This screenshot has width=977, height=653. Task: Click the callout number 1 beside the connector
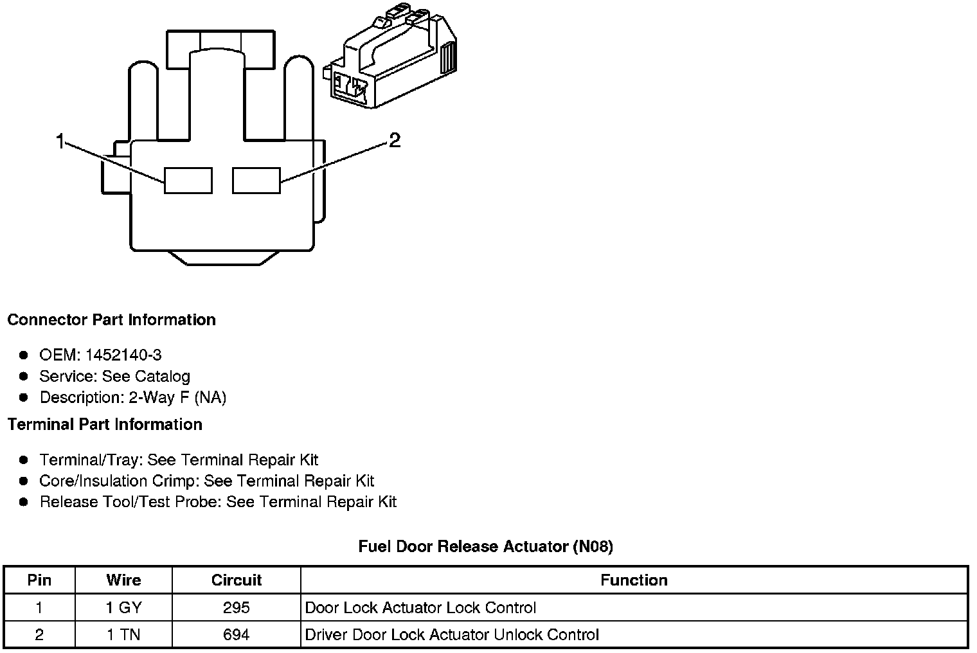click(60, 141)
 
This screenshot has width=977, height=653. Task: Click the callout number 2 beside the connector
click(395, 140)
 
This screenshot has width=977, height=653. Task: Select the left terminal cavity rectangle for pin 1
click(188, 180)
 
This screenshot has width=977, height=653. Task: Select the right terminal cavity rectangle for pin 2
click(256, 180)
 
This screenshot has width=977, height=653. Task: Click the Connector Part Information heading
click(112, 320)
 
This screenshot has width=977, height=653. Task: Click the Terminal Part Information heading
click(105, 425)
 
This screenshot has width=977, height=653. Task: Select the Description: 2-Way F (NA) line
click(132, 397)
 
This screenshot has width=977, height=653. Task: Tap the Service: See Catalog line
click(114, 376)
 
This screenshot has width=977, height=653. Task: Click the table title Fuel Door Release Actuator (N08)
click(486, 546)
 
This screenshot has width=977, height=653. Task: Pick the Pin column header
click(39, 580)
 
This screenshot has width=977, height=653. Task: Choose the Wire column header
click(123, 580)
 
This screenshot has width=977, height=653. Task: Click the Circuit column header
click(237, 580)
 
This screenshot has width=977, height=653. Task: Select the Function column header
click(634, 580)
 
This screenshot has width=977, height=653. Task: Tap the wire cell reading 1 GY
click(123, 608)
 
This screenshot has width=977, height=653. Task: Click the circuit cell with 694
click(237, 635)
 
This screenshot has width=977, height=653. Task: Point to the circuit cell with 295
click(237, 608)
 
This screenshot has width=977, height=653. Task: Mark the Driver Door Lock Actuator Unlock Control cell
click(452, 635)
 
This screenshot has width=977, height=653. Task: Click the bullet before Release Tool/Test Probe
click(24, 502)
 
